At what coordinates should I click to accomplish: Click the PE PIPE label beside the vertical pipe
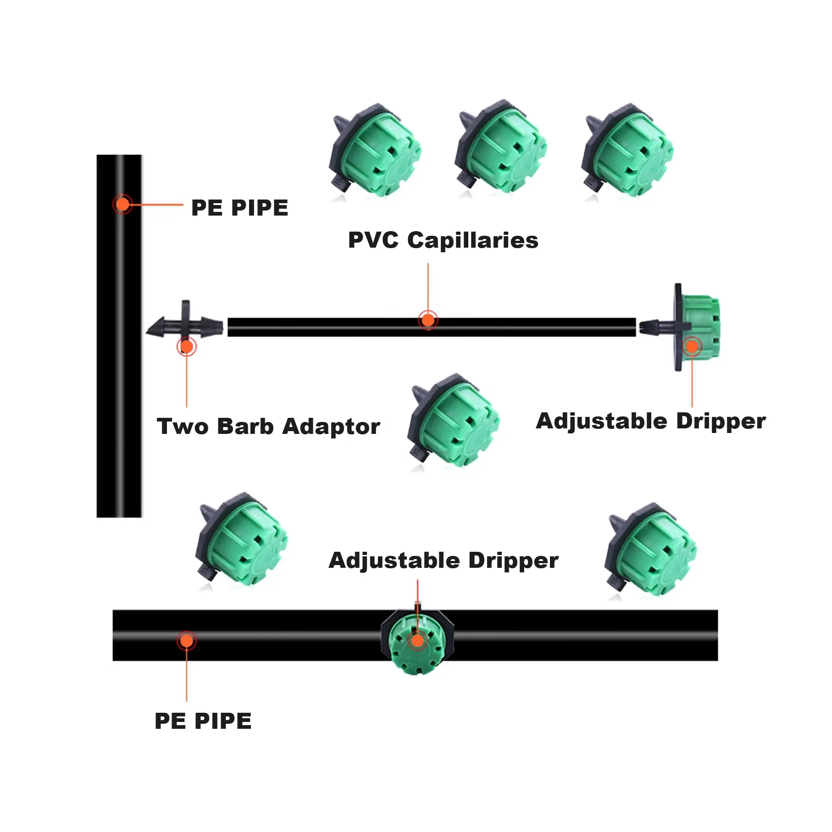coord(239,208)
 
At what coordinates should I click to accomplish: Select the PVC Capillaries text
coord(443,240)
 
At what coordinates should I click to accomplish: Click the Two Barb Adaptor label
coord(268,427)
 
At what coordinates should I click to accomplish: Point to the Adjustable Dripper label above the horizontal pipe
coord(444,560)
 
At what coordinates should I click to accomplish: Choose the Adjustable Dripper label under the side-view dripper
coord(650,421)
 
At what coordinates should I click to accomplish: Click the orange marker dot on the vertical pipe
coord(122,204)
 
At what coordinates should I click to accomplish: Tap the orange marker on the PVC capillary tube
coord(428,320)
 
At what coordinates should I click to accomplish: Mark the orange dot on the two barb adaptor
coord(186,346)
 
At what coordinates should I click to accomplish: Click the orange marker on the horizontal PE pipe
coord(187,640)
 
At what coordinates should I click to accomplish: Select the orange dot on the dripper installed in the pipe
coord(417,640)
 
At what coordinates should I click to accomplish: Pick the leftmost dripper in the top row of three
coord(375,151)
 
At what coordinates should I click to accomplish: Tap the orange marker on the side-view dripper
coord(692,346)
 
